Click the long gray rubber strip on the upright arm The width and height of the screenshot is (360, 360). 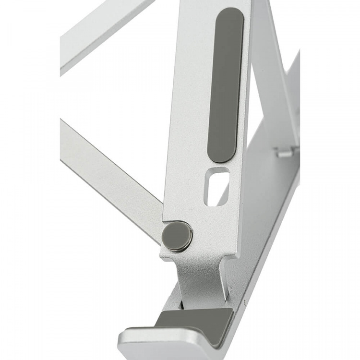[x=225, y=86]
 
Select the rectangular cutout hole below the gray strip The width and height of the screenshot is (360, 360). [x=217, y=186]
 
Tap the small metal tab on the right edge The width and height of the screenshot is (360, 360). [x=285, y=152]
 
